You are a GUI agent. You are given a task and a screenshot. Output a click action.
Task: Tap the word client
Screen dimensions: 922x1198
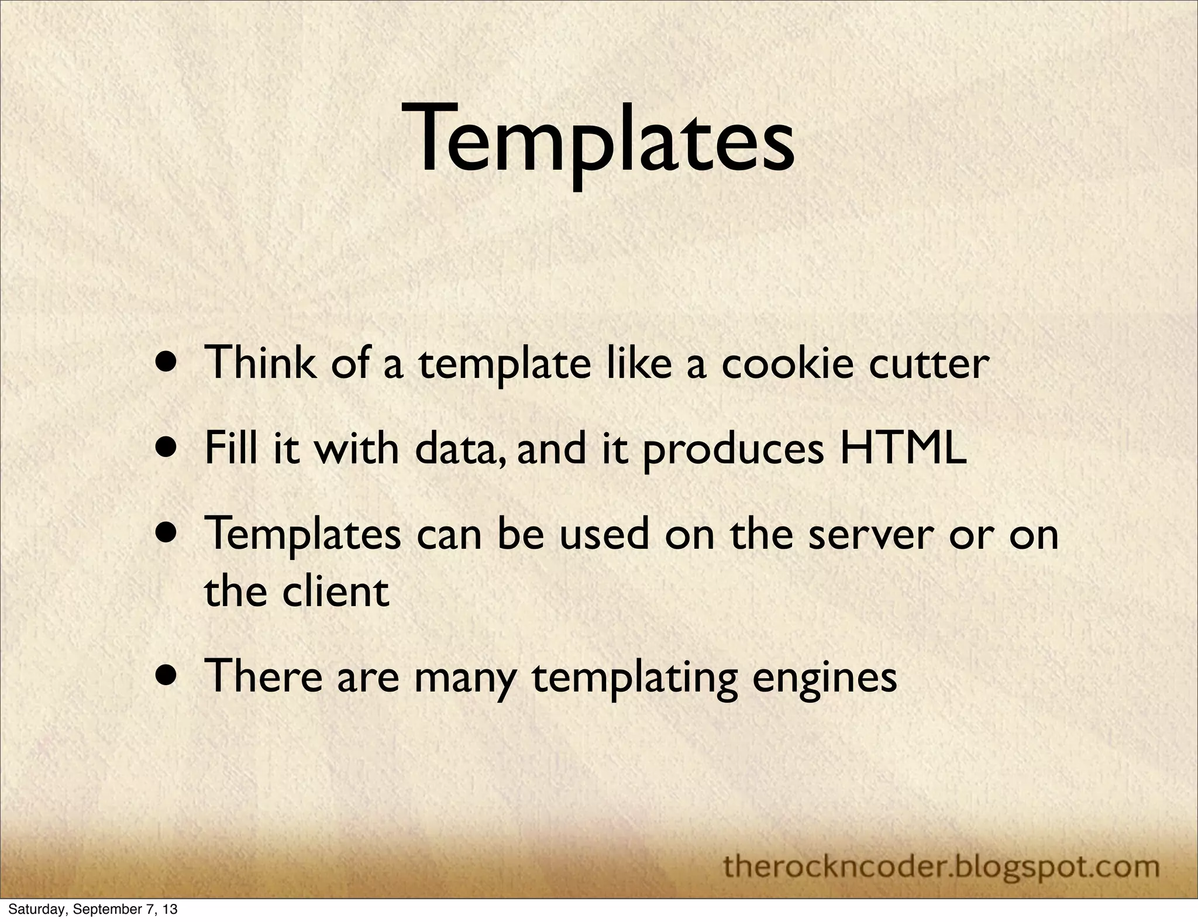pos(336,591)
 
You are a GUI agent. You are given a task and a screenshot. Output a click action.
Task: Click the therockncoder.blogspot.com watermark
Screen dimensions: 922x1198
pos(941,866)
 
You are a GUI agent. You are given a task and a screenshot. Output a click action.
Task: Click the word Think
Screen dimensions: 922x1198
pos(261,363)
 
